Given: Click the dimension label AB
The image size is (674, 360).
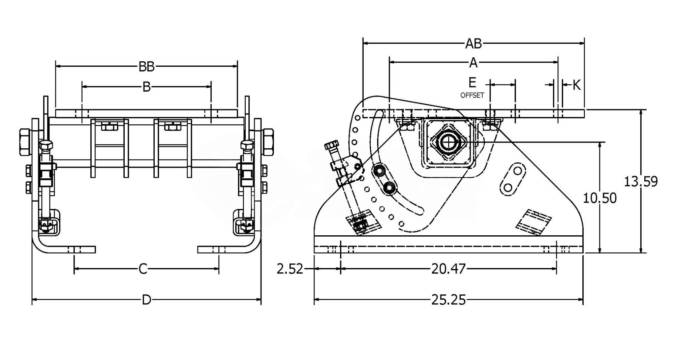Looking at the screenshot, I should tap(473, 44).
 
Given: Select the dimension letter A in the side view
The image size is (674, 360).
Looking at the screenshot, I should tap(473, 62).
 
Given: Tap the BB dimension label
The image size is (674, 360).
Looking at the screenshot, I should tap(147, 67).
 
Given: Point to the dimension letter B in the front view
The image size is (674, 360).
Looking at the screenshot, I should tap(146, 87).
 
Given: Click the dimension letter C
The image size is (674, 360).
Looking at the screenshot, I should tap(143, 269).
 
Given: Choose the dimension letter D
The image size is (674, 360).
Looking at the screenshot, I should tap(146, 300).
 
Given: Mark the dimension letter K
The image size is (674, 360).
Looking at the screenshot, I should tap(577, 85).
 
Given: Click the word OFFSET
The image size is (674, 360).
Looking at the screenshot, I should tap(472, 95).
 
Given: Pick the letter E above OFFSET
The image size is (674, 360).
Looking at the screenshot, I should tap(472, 83).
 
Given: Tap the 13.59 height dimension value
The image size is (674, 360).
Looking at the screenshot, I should tap(641, 182).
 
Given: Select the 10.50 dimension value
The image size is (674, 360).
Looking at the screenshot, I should tap(600, 198).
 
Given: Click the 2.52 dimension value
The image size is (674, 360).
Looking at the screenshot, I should tap(290, 269).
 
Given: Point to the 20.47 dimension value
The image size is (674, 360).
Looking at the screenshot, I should tap(448, 269).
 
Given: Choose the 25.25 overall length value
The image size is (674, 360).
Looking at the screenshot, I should tap(448, 300).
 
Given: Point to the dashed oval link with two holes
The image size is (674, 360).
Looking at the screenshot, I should tap(513, 178).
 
